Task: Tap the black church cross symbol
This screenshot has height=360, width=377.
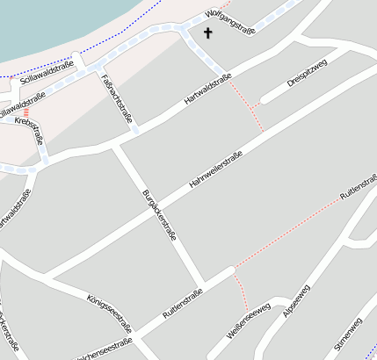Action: (x=208, y=34)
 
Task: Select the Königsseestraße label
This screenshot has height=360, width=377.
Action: (x=109, y=311)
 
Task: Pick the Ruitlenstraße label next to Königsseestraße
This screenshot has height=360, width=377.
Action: (x=183, y=303)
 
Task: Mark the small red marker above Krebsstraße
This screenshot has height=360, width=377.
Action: (x=26, y=112)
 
